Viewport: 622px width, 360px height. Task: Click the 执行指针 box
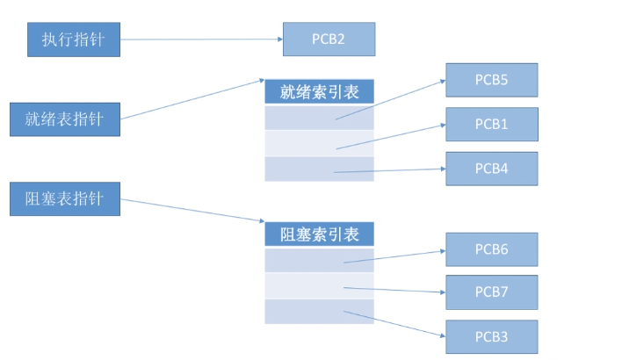(73, 40)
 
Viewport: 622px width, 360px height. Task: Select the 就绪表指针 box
(64, 119)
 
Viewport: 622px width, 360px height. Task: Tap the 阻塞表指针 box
(64, 199)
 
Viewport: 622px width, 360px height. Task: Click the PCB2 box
(329, 40)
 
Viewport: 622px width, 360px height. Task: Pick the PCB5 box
(491, 80)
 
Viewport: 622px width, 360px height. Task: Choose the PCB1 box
(491, 124)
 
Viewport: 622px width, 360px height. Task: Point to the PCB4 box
(491, 168)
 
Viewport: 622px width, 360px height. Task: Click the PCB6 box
(491, 249)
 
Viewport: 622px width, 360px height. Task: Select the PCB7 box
(491, 292)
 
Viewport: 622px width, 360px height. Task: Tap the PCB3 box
(491, 335)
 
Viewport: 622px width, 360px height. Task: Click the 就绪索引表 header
(319, 91)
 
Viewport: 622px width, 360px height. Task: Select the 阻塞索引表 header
(319, 234)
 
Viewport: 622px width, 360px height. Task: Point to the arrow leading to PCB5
(391, 98)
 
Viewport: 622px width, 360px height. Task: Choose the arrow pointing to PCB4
(391, 170)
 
